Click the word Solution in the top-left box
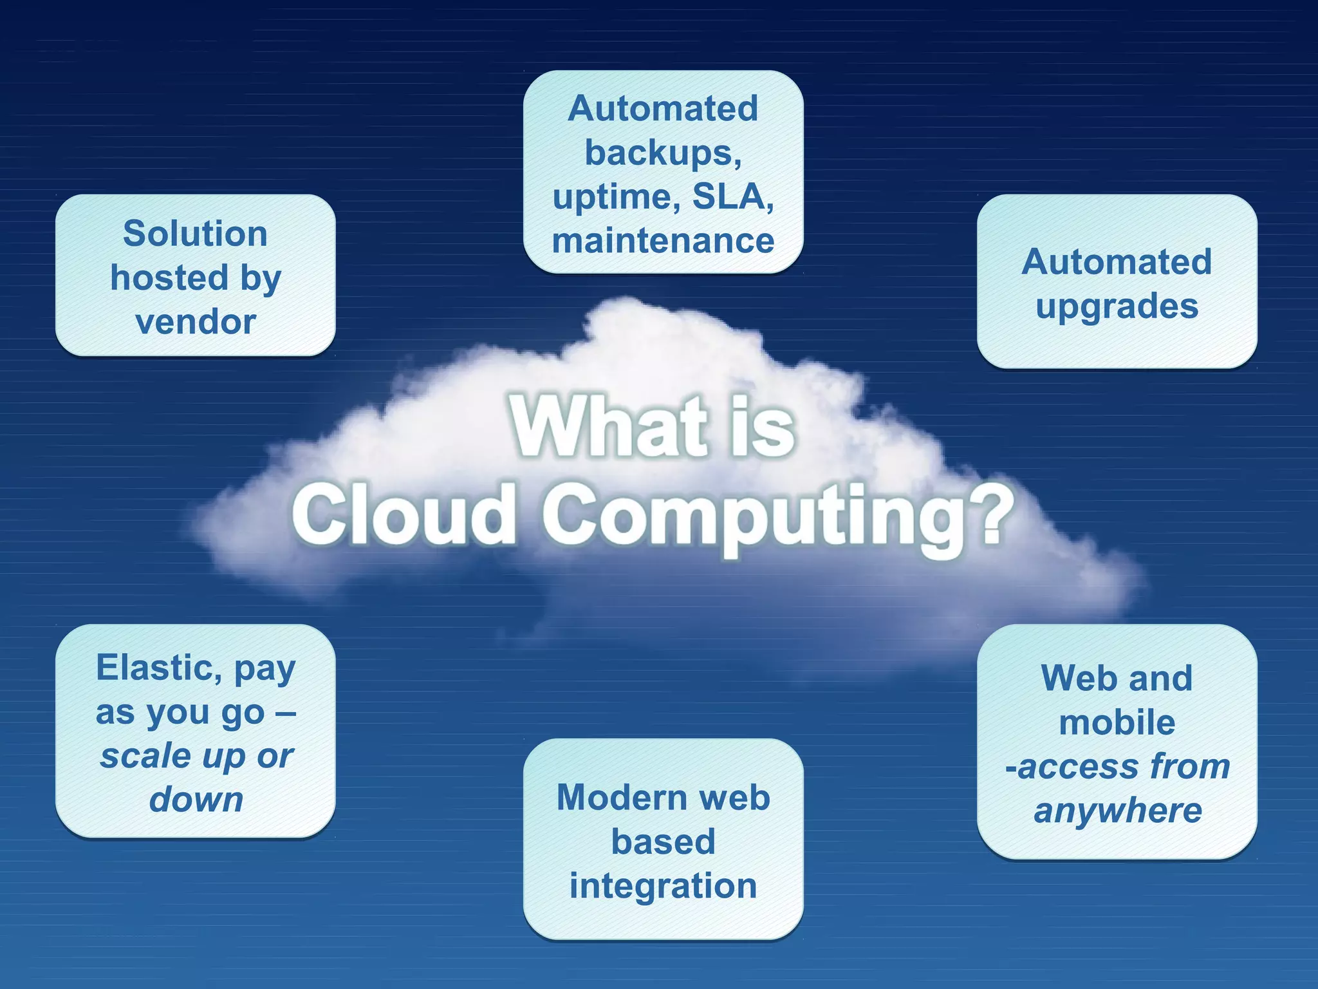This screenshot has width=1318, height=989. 195,234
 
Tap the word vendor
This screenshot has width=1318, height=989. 196,322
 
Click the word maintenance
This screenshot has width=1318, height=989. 663,241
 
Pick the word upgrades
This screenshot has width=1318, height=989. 1117,306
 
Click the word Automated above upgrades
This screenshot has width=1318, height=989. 1117,262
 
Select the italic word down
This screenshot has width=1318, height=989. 196,800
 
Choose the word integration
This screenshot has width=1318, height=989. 663,886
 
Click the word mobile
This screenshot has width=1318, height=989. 1117,722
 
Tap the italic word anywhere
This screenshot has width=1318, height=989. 1117,811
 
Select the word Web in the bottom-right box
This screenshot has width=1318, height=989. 1071,678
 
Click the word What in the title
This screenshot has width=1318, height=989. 608,426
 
